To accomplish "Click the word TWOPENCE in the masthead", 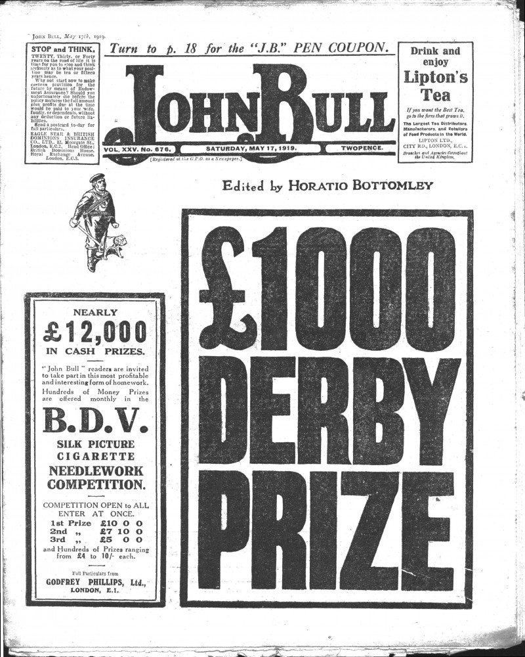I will [362, 149].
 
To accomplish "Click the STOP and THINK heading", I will [63, 50].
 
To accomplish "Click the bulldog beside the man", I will [115, 244].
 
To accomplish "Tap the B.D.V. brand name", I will [95, 420].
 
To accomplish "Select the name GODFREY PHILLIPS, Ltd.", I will [95, 581].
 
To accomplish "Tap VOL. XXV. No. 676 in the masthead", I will [137, 149].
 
